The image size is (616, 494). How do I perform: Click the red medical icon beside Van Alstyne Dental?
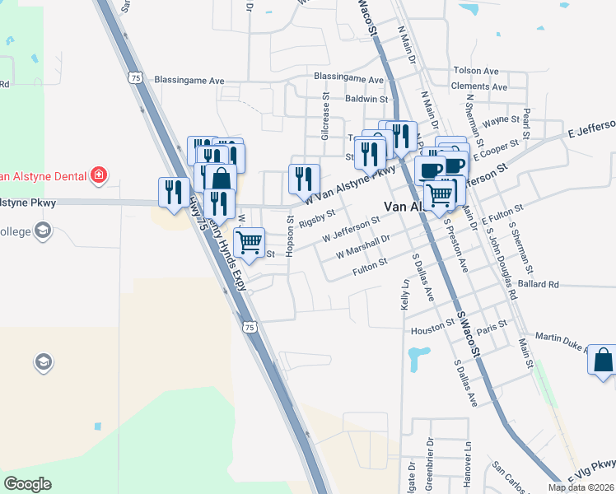click(99, 175)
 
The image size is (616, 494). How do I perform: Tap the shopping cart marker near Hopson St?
click(249, 242)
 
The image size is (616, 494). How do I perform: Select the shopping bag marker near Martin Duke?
click(603, 359)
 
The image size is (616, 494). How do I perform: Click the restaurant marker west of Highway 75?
click(172, 192)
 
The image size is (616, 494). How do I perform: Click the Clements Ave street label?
click(478, 86)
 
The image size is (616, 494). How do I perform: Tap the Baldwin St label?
click(366, 98)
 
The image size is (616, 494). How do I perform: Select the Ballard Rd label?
click(539, 284)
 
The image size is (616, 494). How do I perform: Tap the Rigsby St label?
click(317, 218)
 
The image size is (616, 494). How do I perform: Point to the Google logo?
click(28, 484)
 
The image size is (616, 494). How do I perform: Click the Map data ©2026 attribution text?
click(580, 487)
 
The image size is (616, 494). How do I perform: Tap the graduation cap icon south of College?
click(42, 362)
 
